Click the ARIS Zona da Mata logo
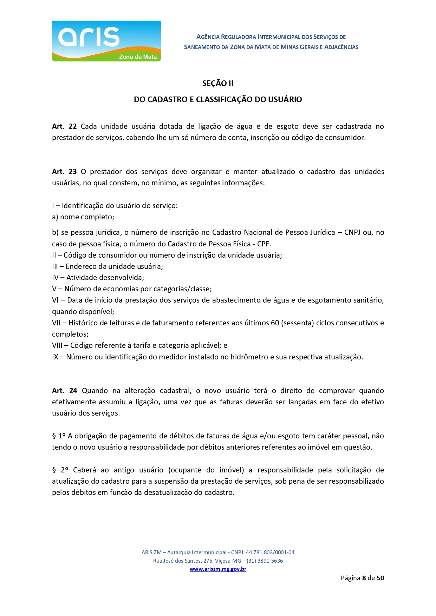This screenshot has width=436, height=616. tap(106, 41)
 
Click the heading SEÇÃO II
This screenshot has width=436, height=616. tap(217, 84)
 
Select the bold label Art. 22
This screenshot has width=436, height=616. tap(64, 126)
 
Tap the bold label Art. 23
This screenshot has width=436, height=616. tap(64, 172)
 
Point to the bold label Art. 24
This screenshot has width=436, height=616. tap(64, 391)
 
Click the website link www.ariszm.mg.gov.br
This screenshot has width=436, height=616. tap(218, 569)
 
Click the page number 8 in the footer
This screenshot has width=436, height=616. tap(364, 578)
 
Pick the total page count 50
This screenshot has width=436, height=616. tap(380, 578)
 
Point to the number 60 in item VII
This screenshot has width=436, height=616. tap(275, 323)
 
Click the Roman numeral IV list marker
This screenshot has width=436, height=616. tap(55, 278)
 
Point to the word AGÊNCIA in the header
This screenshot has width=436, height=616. tap(208, 37)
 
